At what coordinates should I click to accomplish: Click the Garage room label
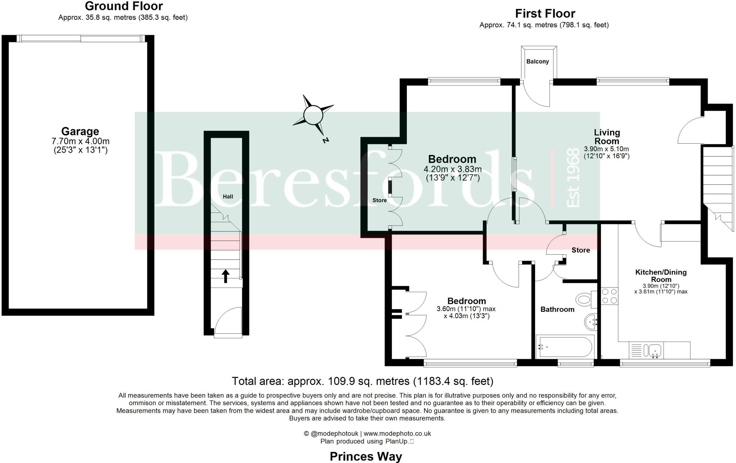(80, 131)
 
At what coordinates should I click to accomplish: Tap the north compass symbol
(313, 115)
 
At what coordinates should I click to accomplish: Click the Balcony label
(537, 61)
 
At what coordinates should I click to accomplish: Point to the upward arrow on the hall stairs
(225, 276)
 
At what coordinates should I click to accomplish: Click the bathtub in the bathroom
(565, 347)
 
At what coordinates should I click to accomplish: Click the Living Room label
(607, 136)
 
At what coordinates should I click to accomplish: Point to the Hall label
(228, 196)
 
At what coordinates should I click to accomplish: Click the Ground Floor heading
(124, 6)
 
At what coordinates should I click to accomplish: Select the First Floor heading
(545, 14)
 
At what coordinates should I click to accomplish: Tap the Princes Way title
(366, 456)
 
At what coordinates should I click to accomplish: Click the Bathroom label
(557, 309)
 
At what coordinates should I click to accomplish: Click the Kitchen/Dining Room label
(661, 276)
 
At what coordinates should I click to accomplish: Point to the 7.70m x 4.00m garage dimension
(80, 141)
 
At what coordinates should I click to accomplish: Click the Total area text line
(362, 381)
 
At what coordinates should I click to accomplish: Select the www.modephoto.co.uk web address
(397, 434)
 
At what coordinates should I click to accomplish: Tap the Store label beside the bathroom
(580, 250)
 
